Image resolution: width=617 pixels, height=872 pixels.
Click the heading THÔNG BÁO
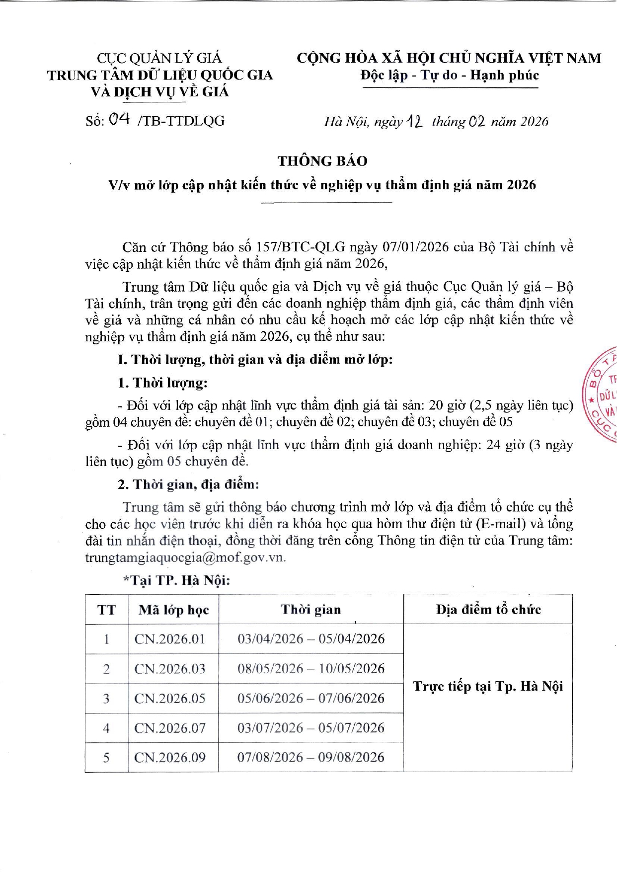click(322, 161)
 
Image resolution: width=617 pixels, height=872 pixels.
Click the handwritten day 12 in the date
click(414, 121)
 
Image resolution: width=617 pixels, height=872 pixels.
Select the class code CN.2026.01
click(170, 639)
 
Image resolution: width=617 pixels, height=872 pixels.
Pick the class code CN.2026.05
click(170, 699)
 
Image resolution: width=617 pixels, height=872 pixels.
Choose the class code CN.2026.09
click(170, 758)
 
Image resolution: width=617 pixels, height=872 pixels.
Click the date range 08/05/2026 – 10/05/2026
click(311, 669)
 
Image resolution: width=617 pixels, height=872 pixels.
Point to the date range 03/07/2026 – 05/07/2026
click(311, 728)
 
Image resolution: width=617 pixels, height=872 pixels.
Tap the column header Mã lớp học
click(173, 610)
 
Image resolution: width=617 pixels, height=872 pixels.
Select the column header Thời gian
click(311, 610)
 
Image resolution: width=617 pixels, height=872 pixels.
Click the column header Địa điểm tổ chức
click(488, 610)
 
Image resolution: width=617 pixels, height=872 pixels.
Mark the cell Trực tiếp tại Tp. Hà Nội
click(488, 687)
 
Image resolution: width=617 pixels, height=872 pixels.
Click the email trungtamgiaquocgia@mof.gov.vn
click(185, 557)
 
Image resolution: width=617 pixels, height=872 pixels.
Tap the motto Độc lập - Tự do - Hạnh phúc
click(450, 76)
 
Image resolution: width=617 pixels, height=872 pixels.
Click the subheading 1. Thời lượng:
click(162, 383)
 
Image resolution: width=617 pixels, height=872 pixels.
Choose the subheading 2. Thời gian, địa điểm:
click(188, 484)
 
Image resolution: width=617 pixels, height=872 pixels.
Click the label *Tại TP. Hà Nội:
click(176, 580)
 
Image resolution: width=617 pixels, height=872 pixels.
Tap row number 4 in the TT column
click(106, 728)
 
